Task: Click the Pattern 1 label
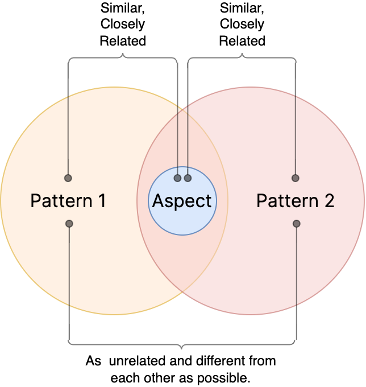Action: pyautogui.click(x=68, y=201)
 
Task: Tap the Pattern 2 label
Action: pyautogui.click(x=296, y=201)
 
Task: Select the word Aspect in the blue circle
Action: pyautogui.click(x=182, y=201)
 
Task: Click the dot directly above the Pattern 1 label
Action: pyautogui.click(x=68, y=178)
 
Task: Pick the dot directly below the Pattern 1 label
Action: pyautogui.click(x=69, y=224)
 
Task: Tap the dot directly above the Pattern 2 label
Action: pyautogui.click(x=296, y=178)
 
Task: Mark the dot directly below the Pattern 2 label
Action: pyautogui.click(x=297, y=224)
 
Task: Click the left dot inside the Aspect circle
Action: pyautogui.click(x=177, y=178)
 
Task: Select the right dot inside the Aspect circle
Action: pyautogui.click(x=188, y=178)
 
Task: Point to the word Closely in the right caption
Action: pyautogui.click(x=242, y=24)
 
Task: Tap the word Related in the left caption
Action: pyautogui.click(x=123, y=41)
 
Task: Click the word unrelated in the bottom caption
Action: pyautogui.click(x=138, y=361)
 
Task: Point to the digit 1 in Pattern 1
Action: pyautogui.click(x=102, y=201)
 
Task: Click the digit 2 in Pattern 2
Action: pyautogui.click(x=330, y=201)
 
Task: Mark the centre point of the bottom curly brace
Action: pyautogui.click(x=182, y=348)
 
